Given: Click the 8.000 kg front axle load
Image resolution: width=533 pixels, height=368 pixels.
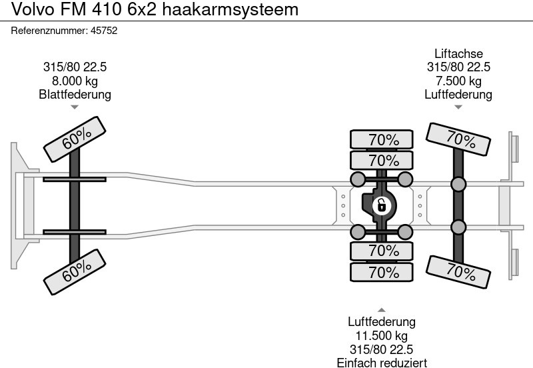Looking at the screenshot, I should (75, 81).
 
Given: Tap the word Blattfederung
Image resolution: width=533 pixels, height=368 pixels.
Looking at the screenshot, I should (75, 94).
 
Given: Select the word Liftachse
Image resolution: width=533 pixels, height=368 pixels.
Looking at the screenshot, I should (458, 54).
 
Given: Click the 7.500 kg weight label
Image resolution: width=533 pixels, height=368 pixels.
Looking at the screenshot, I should (458, 81).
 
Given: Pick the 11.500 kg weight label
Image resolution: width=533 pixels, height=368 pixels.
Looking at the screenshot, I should (381, 336).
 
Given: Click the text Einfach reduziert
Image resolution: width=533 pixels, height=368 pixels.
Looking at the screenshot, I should (381, 363).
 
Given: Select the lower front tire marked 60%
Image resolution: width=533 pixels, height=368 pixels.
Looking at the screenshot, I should (77, 269).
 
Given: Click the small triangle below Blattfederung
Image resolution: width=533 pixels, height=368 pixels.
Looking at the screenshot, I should (75, 107).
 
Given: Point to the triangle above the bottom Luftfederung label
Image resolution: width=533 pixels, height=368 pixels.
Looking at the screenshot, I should (381, 310).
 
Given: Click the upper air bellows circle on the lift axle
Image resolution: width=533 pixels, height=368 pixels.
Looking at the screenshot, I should (458, 184).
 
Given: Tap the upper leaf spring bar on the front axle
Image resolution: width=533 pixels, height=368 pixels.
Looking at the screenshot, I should (75, 179).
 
